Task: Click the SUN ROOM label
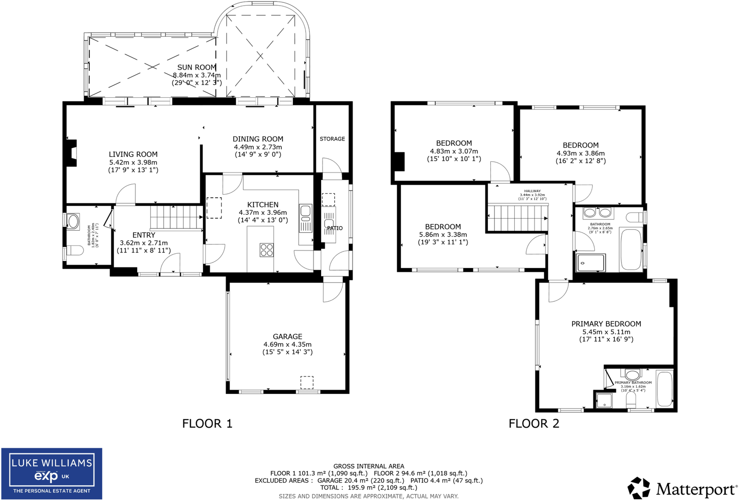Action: pyautogui.click(x=197, y=67)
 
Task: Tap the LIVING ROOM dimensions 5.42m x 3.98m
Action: pyautogui.click(x=133, y=162)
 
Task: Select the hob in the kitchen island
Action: pyautogui.click(x=267, y=250)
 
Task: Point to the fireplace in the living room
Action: pyautogui.click(x=71, y=153)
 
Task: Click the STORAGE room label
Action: pyautogui.click(x=332, y=139)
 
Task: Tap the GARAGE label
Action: pyautogui.click(x=287, y=337)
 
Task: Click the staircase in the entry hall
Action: pyautogui.click(x=176, y=217)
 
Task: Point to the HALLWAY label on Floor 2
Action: pyautogui.click(x=532, y=191)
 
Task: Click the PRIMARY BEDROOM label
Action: pyautogui.click(x=606, y=324)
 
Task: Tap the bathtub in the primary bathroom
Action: pyautogui.click(x=664, y=389)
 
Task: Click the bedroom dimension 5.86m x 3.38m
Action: pyautogui.click(x=443, y=235)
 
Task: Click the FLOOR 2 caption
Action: pyautogui.click(x=534, y=423)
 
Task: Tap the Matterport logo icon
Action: pyautogui.click(x=638, y=488)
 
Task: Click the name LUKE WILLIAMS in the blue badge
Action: pyautogui.click(x=52, y=463)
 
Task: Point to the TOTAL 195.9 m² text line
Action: pyautogui.click(x=369, y=487)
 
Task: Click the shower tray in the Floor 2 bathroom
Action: pyautogui.click(x=591, y=263)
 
